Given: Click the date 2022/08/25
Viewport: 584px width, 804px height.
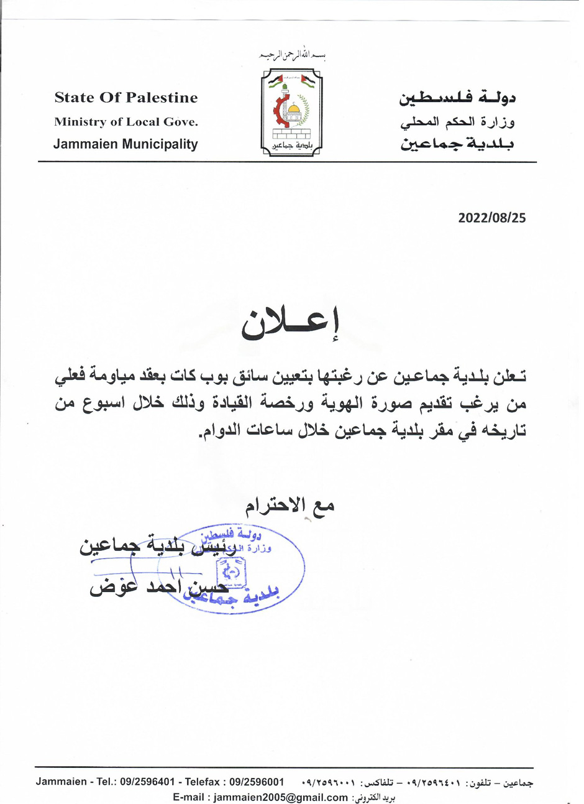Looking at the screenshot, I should (x=491, y=218).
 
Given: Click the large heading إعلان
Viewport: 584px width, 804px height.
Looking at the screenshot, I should (x=291, y=324).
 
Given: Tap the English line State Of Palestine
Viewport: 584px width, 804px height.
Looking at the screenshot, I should (x=126, y=98).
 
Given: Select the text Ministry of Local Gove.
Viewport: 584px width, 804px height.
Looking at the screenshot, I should (x=126, y=122).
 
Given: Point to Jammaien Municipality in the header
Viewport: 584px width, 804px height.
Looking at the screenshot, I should (x=125, y=144).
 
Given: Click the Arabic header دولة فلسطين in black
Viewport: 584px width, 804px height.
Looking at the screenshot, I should (x=457, y=98).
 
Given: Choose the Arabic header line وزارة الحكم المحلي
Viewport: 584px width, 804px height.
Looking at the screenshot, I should (x=457, y=122).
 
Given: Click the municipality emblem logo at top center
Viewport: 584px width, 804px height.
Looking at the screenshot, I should (x=292, y=112).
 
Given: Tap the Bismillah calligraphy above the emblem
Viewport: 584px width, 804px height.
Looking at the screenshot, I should (x=293, y=56).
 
